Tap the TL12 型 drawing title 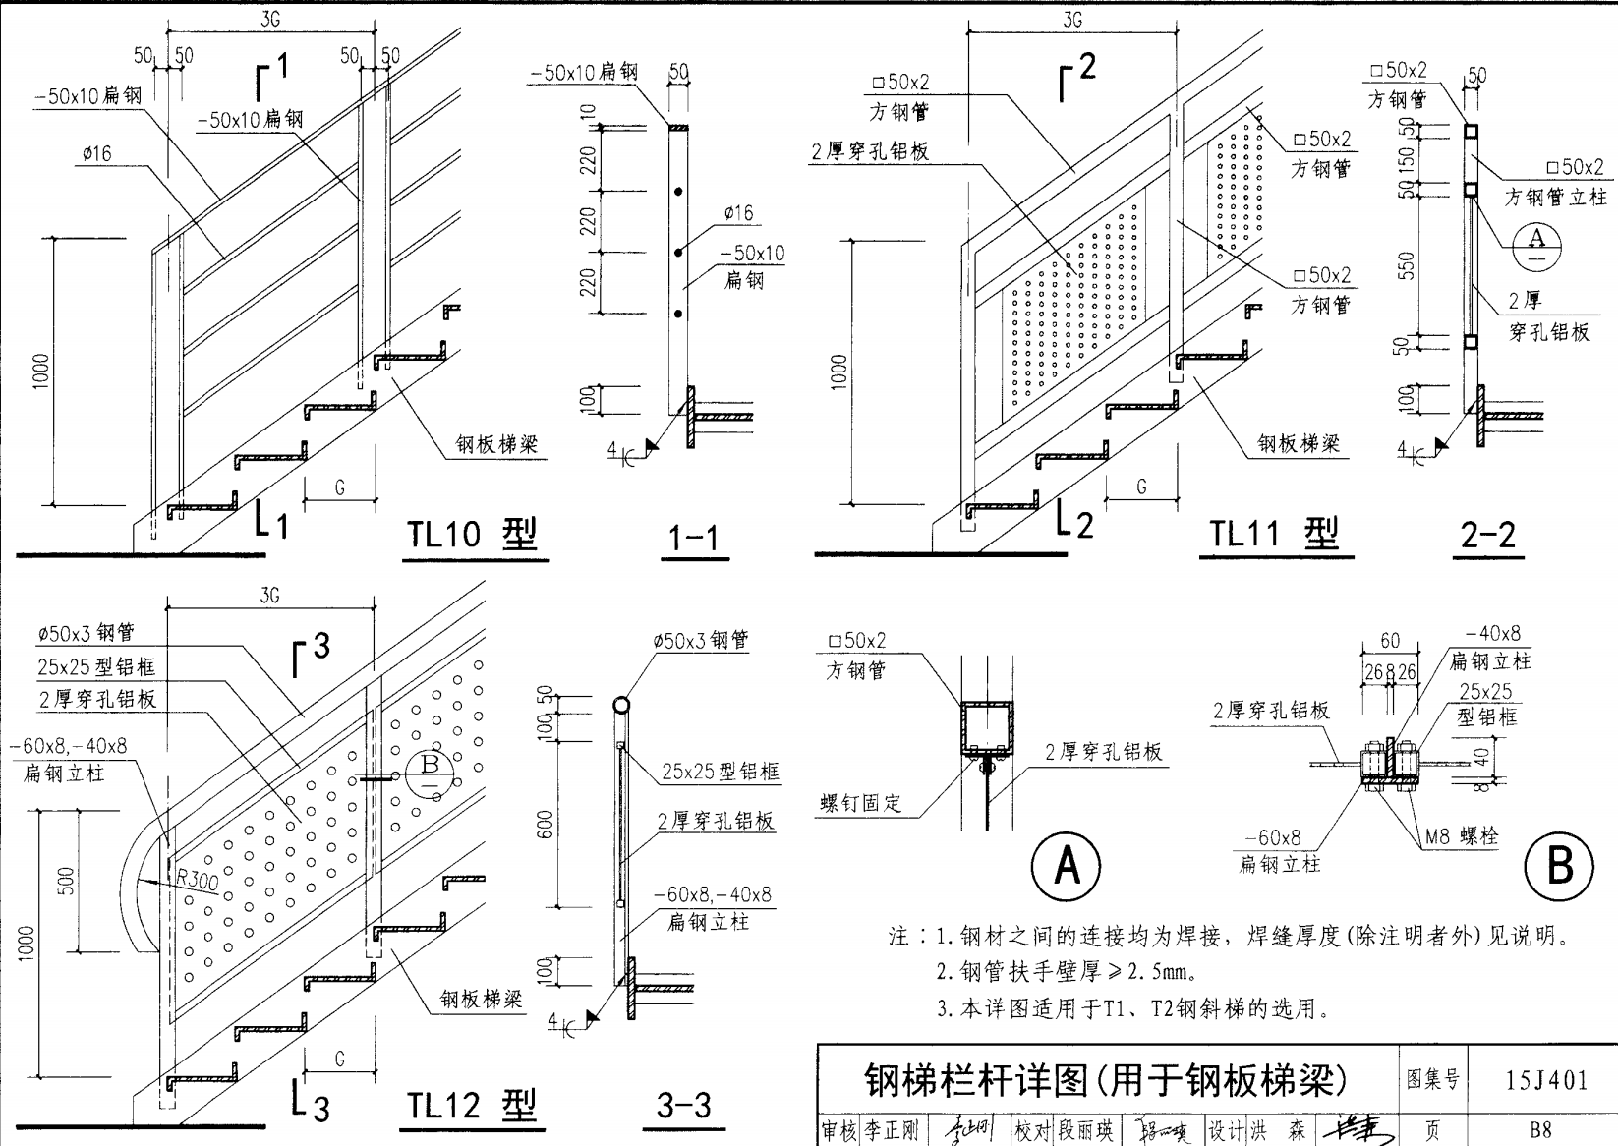[x=473, y=1106]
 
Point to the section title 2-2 [x=1488, y=535]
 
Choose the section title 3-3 [x=684, y=1106]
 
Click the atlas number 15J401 [x=1545, y=1080]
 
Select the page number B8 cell [x=1540, y=1130]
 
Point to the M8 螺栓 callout [x=1462, y=837]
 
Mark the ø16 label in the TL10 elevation [x=97, y=153]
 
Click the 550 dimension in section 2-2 [x=1408, y=265]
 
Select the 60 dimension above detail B [x=1389, y=641]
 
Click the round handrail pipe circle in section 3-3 [x=621, y=705]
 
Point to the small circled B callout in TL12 [x=429, y=770]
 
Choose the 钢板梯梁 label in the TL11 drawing [x=1299, y=444]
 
